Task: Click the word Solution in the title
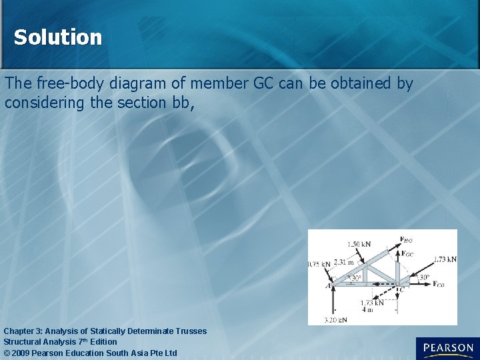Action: tap(58, 37)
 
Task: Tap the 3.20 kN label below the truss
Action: tap(335, 320)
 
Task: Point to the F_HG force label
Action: tap(406, 239)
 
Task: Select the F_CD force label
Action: tap(438, 285)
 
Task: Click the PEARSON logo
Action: tap(447, 348)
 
